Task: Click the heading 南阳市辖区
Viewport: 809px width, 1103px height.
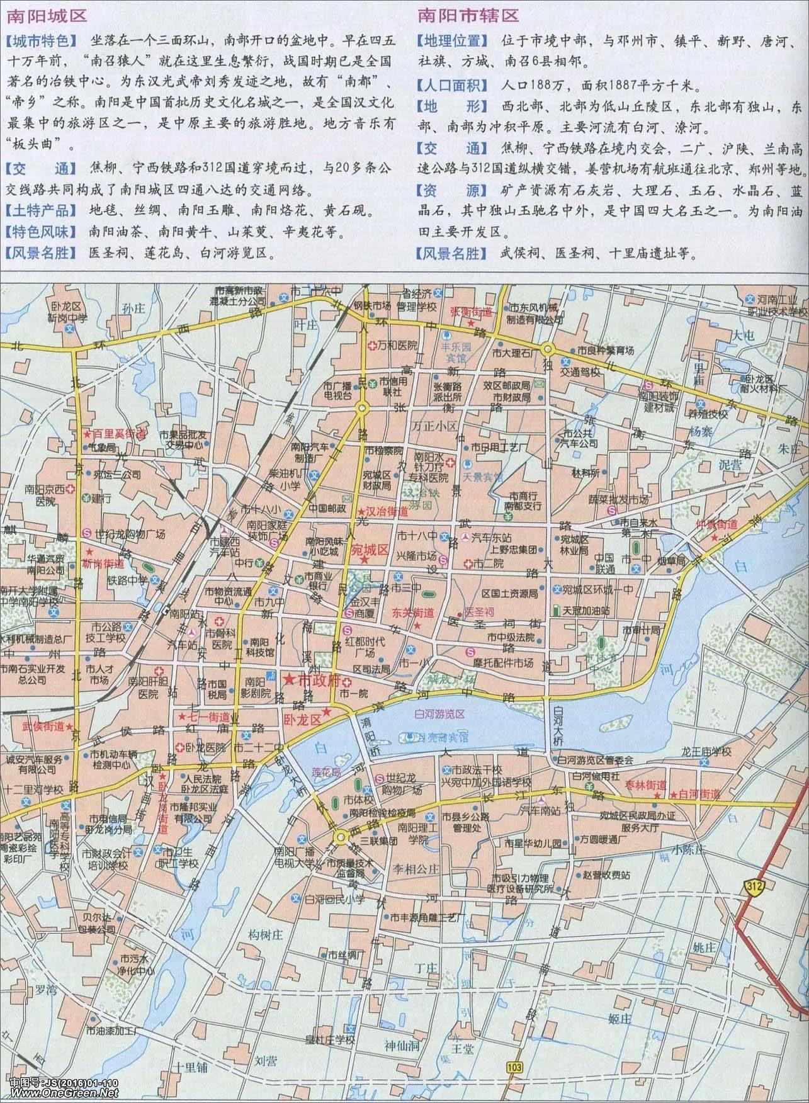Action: tap(465, 15)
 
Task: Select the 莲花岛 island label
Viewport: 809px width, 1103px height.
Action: tap(325, 772)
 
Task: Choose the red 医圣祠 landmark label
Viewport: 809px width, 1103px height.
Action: tap(480, 611)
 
